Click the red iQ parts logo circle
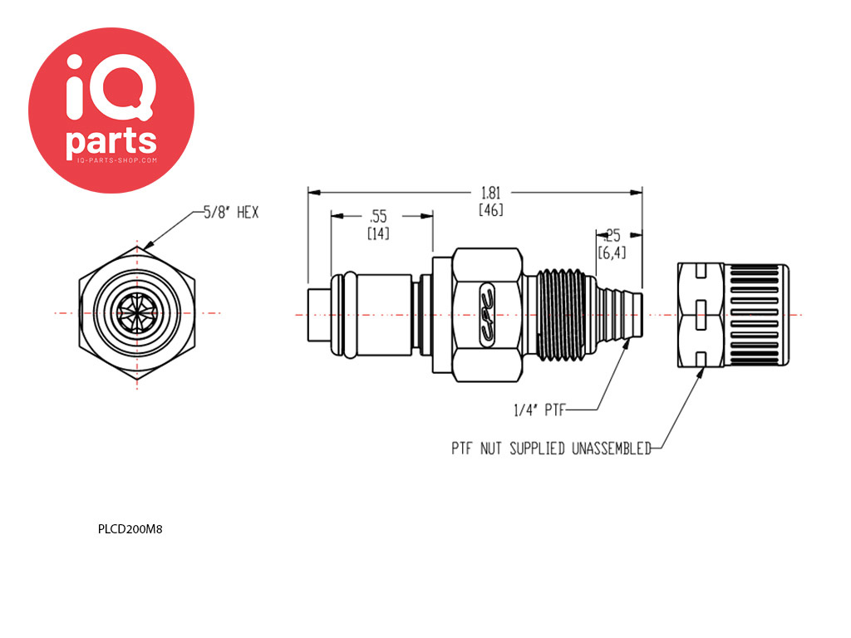(111, 110)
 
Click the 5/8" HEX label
(231, 212)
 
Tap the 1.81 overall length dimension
(490, 193)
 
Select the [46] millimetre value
(490, 209)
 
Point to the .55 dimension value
(378, 217)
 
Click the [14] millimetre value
(378, 233)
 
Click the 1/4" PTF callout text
(539, 410)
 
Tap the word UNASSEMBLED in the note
(611, 449)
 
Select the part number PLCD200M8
(130, 529)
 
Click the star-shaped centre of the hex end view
(137, 313)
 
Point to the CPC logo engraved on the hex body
(487, 315)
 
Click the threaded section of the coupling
(563, 315)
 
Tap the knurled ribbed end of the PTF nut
(756, 315)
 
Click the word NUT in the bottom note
(490, 449)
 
